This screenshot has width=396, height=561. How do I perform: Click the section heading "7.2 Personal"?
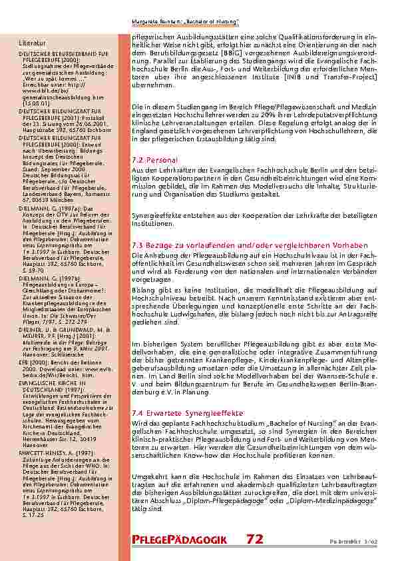154,161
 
